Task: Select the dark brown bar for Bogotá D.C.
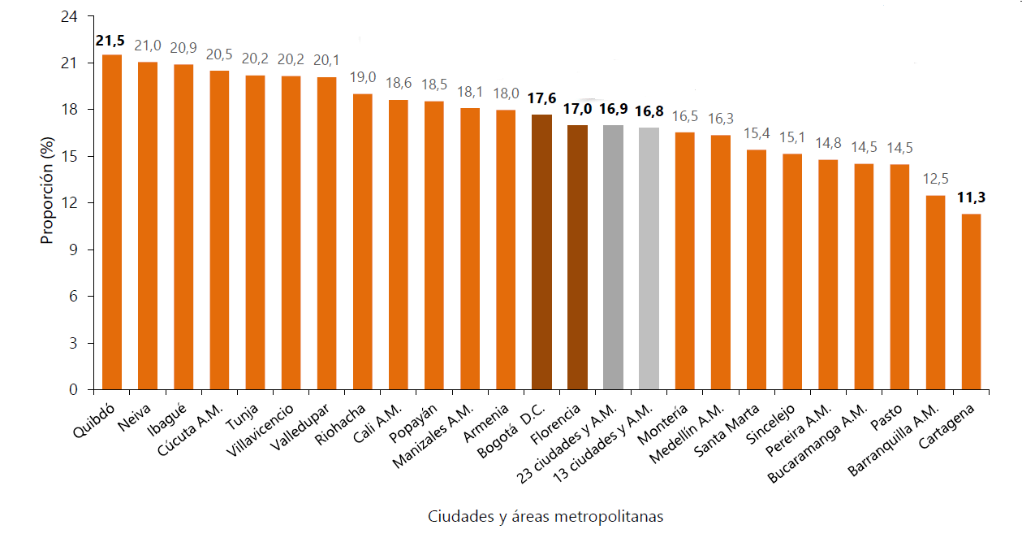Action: pyautogui.click(x=541, y=252)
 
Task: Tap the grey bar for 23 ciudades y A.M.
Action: pyautogui.click(x=613, y=258)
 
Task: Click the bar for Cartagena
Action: pyautogui.click(x=971, y=302)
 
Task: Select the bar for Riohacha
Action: pyautogui.click(x=362, y=241)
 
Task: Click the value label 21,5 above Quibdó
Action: pyautogui.click(x=111, y=41)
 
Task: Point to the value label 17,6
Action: pyautogui.click(x=541, y=99)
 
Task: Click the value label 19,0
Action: pyautogui.click(x=362, y=79)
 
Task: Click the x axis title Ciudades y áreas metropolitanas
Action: pyautogui.click(x=545, y=517)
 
